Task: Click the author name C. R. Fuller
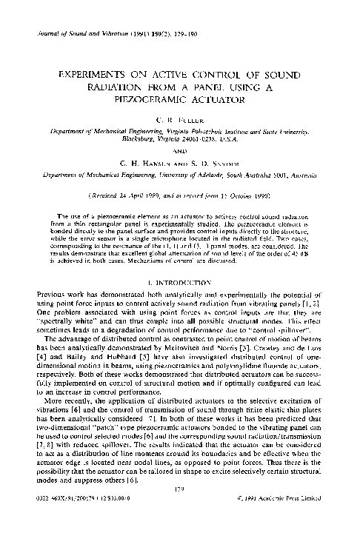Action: [180, 118]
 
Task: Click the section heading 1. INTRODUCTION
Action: [180, 262]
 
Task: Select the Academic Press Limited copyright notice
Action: [296, 518]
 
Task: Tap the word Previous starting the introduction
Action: [44, 275]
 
